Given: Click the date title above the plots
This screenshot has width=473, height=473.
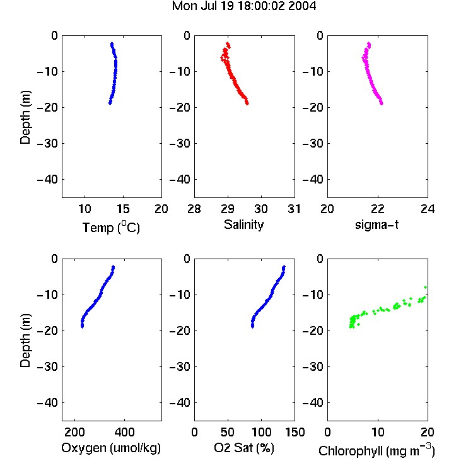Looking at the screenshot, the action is (x=243, y=6).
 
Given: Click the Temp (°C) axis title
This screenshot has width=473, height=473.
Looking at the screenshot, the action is (x=111, y=227).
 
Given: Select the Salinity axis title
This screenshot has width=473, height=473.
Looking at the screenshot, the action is (x=243, y=225).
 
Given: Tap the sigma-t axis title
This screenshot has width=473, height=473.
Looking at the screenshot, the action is (x=377, y=225).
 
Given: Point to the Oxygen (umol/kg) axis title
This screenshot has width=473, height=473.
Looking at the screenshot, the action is (x=111, y=448).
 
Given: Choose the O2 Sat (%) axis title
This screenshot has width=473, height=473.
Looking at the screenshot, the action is (x=244, y=448).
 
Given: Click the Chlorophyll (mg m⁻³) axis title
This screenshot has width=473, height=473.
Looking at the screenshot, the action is (x=377, y=450).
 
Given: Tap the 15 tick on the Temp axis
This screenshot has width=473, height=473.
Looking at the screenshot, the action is (x=123, y=209).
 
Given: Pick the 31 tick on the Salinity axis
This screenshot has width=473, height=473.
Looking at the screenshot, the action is (x=294, y=209).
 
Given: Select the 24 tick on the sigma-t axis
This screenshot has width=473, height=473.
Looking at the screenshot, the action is (x=428, y=209).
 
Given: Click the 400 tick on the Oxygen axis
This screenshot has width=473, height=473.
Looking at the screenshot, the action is (x=124, y=432).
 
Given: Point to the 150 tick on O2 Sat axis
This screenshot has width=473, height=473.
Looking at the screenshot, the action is (x=295, y=432).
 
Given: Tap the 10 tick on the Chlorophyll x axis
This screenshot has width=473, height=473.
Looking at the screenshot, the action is (x=378, y=432).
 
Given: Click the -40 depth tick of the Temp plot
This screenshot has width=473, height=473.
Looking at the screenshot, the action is (x=47, y=180).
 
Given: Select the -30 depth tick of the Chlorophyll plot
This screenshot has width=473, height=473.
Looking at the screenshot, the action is (x=313, y=367).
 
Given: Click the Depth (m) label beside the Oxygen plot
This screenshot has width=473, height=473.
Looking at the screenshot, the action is (x=25, y=341).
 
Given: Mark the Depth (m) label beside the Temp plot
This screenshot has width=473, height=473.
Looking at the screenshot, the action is (x=25, y=117).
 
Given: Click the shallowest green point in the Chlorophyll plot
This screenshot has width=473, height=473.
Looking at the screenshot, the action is (x=425, y=287).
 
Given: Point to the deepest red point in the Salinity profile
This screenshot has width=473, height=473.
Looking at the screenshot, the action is (x=247, y=103).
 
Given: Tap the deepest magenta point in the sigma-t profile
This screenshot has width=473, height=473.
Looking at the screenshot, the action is (x=382, y=103).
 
